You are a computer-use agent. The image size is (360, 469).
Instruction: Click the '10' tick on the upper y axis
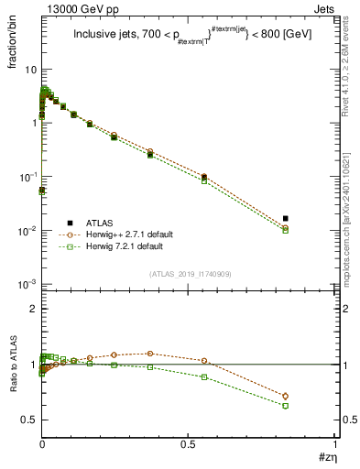[30, 70]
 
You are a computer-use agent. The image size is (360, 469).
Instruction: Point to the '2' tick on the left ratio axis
[33, 310]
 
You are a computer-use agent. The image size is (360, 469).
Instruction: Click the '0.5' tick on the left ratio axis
[29, 420]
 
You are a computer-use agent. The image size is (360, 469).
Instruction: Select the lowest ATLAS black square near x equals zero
[42, 191]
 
